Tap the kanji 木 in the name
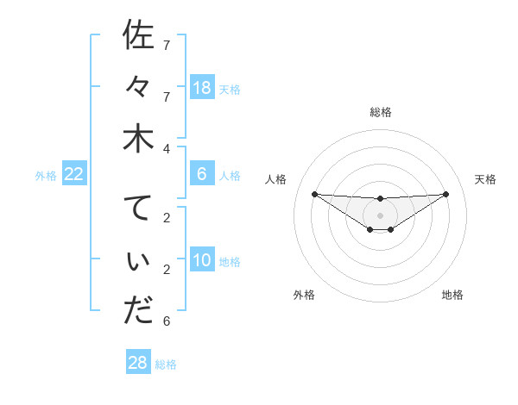138,139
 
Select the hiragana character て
138,209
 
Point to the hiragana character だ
138,311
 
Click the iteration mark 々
138,87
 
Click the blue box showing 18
202,87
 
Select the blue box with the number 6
202,174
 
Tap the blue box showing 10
202,260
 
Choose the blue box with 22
74,174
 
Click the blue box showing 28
138,363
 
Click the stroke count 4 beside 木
167,148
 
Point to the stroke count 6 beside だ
167,321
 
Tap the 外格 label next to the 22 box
46,176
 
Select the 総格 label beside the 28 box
166,364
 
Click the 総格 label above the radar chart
381,112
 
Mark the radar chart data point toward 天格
446,193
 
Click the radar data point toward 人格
314,193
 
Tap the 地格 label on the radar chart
452,295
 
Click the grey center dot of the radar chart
381,215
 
